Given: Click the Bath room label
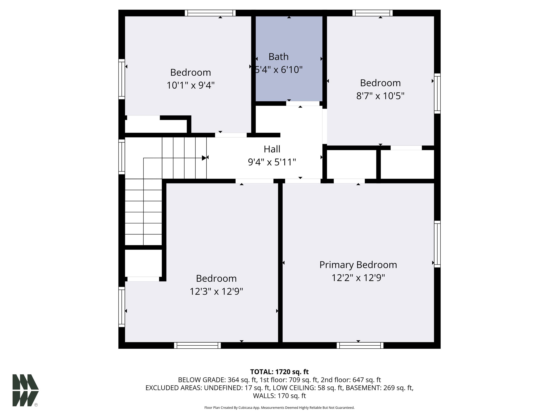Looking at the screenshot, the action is pyautogui.click(x=278, y=57).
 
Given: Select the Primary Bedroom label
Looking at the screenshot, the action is pyautogui.click(x=358, y=265).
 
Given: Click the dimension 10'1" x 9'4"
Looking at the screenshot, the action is pyautogui.click(x=191, y=85).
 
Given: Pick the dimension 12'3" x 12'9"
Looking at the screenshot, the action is pyautogui.click(x=216, y=292).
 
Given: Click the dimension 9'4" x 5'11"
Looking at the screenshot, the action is pyautogui.click(x=272, y=162).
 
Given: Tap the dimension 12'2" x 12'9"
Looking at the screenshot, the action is pyautogui.click(x=358, y=278).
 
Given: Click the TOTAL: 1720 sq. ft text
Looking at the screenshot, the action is pyautogui.click(x=279, y=372).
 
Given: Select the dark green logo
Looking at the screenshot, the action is pyautogui.click(x=25, y=390).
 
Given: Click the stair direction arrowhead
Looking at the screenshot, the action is pyautogui.click(x=204, y=158).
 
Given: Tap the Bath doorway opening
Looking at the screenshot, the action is pyautogui.click(x=303, y=103).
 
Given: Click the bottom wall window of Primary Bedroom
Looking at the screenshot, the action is pyautogui.click(x=360, y=345).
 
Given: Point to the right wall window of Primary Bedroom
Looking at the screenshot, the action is pyautogui.click(x=437, y=244).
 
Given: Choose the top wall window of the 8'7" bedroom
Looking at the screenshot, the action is pyautogui.click(x=372, y=13).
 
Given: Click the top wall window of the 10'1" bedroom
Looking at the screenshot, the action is pyautogui.click(x=210, y=13).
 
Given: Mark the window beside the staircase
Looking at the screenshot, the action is pyautogui.click(x=122, y=157).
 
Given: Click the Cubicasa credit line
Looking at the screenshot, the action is pyautogui.click(x=279, y=408).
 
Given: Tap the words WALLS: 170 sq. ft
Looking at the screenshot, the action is pyautogui.click(x=279, y=396).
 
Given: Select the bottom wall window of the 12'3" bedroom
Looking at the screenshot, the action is pyautogui.click(x=197, y=345).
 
